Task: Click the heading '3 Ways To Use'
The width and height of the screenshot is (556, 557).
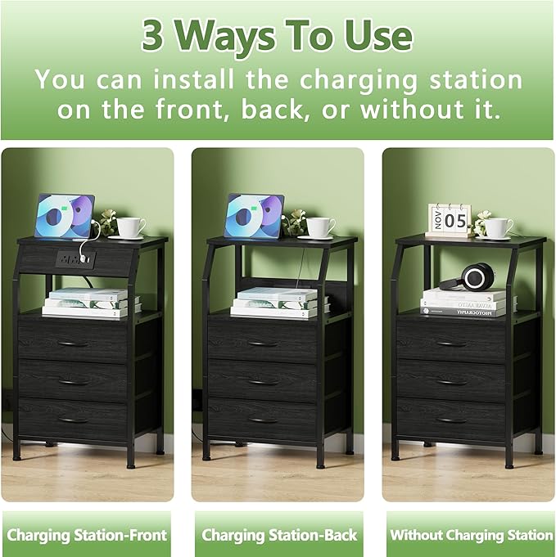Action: coord(277,35)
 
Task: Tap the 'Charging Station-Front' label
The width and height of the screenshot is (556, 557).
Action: coord(87,535)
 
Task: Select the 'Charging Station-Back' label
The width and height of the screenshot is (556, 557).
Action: coord(279,535)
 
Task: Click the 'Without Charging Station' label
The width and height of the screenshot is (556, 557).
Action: coord(471,535)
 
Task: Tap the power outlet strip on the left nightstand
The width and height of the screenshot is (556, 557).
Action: coord(75,260)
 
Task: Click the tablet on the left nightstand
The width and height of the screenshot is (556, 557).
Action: coord(64,217)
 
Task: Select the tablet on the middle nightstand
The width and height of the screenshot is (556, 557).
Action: coord(254,217)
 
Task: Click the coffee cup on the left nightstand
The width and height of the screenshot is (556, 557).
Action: coord(130,227)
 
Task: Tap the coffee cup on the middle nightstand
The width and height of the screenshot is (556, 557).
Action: coord(320,227)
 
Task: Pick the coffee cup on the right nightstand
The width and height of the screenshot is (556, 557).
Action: coord(499,227)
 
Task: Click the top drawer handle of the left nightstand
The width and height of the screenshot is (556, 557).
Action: coord(73,343)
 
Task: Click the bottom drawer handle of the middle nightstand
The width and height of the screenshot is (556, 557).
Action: coord(263,420)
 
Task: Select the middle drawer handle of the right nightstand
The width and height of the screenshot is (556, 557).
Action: coord(451,381)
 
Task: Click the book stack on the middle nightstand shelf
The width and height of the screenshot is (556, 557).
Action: coord(278,302)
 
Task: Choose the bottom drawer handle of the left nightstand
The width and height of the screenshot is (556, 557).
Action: coord(73,420)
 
